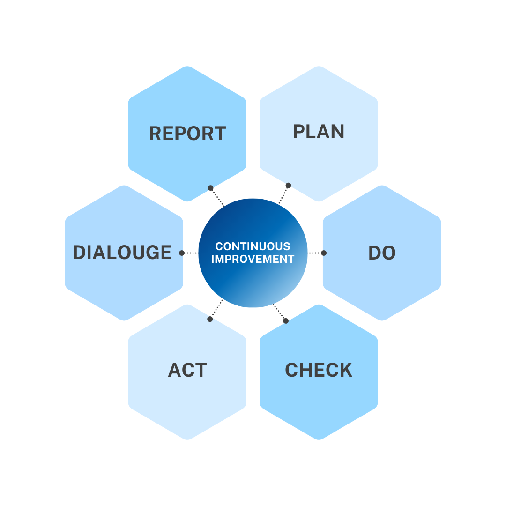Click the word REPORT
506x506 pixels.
coord(187,134)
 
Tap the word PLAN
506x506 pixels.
coord(319,132)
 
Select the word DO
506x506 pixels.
coord(382,253)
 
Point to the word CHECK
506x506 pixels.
coord(319,370)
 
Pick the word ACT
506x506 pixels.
coord(187,370)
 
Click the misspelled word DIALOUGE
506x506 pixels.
coord(122,253)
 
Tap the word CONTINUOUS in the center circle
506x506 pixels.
coord(253,246)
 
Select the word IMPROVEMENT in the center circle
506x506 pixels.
coord(253,259)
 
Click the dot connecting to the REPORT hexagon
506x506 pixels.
coord(211,188)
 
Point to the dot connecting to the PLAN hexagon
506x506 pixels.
coord(288,186)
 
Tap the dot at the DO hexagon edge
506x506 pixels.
coord(324,253)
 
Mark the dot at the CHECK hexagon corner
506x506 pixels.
coord(286,320)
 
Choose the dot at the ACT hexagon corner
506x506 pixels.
coord(210,319)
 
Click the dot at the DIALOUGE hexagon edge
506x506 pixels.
coord(182,253)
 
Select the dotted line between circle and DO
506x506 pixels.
coord(316,253)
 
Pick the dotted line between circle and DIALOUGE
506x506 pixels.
coord(190,253)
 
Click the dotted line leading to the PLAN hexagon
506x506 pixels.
coord(283,195)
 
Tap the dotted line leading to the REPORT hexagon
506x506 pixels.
coord(217,197)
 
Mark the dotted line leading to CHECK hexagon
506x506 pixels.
coord(280,313)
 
